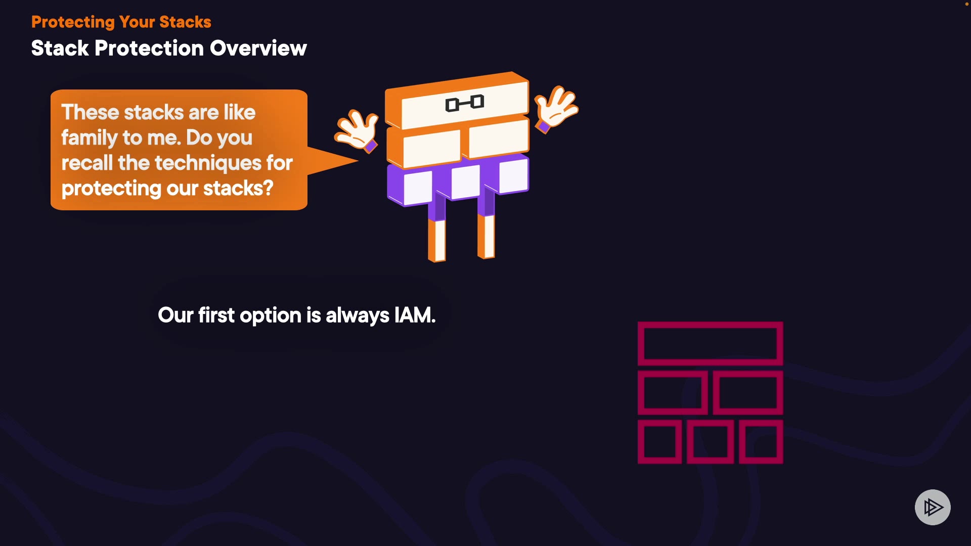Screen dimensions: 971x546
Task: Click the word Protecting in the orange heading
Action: (x=73, y=23)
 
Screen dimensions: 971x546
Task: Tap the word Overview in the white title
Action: (x=258, y=49)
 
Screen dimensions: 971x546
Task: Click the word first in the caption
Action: (x=216, y=315)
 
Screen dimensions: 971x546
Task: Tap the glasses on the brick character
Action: (x=465, y=103)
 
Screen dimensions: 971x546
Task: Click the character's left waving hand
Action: (x=357, y=130)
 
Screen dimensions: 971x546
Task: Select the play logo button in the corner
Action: (x=933, y=507)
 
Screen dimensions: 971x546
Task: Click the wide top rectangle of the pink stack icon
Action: (x=710, y=344)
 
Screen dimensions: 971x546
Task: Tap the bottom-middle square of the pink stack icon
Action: (x=710, y=441)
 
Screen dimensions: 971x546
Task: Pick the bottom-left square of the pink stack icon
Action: (x=659, y=441)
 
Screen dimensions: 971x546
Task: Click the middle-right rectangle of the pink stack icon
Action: (x=748, y=393)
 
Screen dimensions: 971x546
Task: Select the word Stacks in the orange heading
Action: (x=185, y=22)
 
